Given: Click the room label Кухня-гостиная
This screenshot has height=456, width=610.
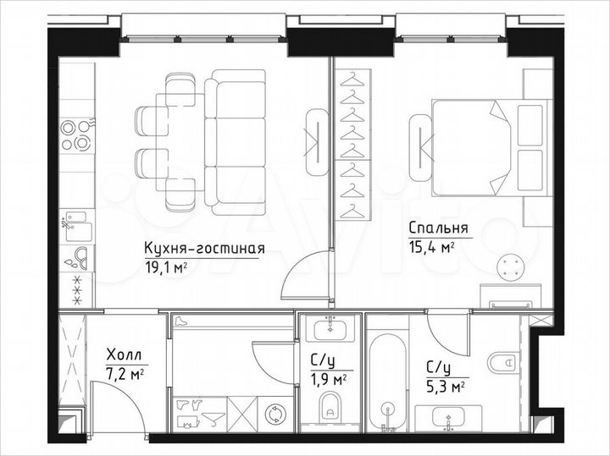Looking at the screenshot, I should (x=205, y=249).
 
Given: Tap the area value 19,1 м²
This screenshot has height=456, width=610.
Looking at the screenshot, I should (x=166, y=266).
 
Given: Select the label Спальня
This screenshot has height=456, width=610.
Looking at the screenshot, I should (x=438, y=228).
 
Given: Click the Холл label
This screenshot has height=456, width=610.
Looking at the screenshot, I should (x=124, y=355).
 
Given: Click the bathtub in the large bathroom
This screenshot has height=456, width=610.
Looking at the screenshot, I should (x=387, y=381).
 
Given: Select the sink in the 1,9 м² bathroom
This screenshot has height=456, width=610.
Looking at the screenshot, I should (x=330, y=328).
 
